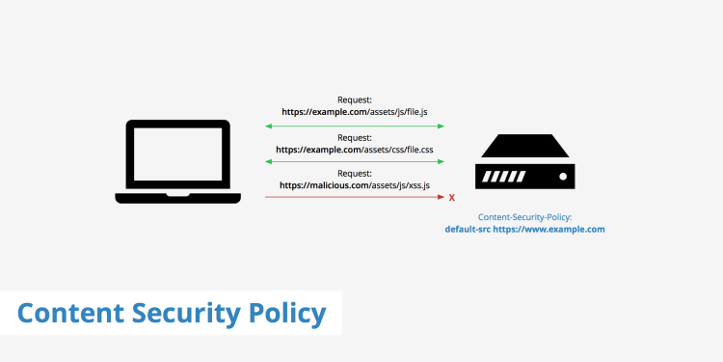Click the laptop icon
tap(179, 161)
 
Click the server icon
tap(524, 163)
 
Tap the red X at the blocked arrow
tap(452, 198)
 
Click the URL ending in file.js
tap(354, 113)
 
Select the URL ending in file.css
tap(354, 150)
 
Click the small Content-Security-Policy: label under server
tap(524, 217)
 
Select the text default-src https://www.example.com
tap(524, 230)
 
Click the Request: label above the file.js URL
tap(354, 99)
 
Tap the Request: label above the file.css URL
tap(354, 137)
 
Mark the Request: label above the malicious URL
tap(354, 173)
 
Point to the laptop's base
tap(179, 199)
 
